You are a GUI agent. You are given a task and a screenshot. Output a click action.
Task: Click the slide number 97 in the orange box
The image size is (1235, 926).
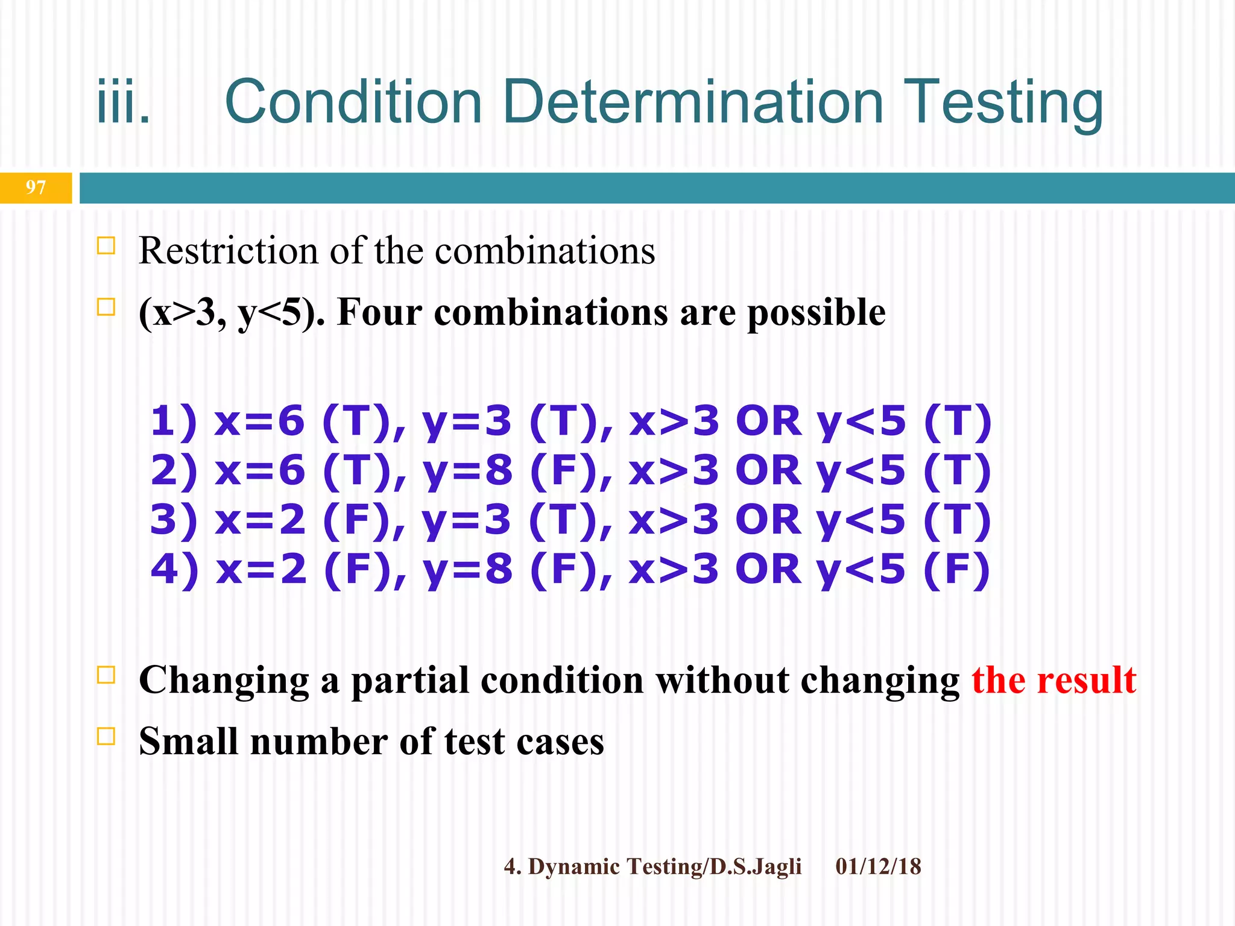pyautogui.click(x=36, y=187)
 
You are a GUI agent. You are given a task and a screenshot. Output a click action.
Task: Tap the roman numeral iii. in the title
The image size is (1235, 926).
pyautogui.click(x=124, y=102)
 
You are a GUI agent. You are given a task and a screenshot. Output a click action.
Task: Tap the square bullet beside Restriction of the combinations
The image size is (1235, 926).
pyautogui.click(x=106, y=246)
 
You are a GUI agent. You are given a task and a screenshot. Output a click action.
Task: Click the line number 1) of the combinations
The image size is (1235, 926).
pyautogui.click(x=174, y=421)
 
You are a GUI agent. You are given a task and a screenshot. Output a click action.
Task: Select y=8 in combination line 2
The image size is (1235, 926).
pyautogui.click(x=467, y=470)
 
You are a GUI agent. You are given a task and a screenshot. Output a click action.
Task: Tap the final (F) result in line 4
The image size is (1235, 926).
pyautogui.click(x=956, y=569)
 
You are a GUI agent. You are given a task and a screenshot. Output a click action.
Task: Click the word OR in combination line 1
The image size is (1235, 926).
pyautogui.click(x=768, y=421)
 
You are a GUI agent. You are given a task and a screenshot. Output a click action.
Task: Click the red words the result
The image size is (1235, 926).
pyautogui.click(x=1053, y=680)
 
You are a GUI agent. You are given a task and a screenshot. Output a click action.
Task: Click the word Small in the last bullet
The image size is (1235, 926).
pyautogui.click(x=188, y=742)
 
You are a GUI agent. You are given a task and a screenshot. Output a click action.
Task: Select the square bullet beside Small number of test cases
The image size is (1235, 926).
pyautogui.click(x=106, y=736)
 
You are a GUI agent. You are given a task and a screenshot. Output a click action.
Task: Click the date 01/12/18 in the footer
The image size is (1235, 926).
pyautogui.click(x=878, y=866)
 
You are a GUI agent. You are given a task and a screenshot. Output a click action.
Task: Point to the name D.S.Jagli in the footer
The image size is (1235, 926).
pyautogui.click(x=756, y=867)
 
